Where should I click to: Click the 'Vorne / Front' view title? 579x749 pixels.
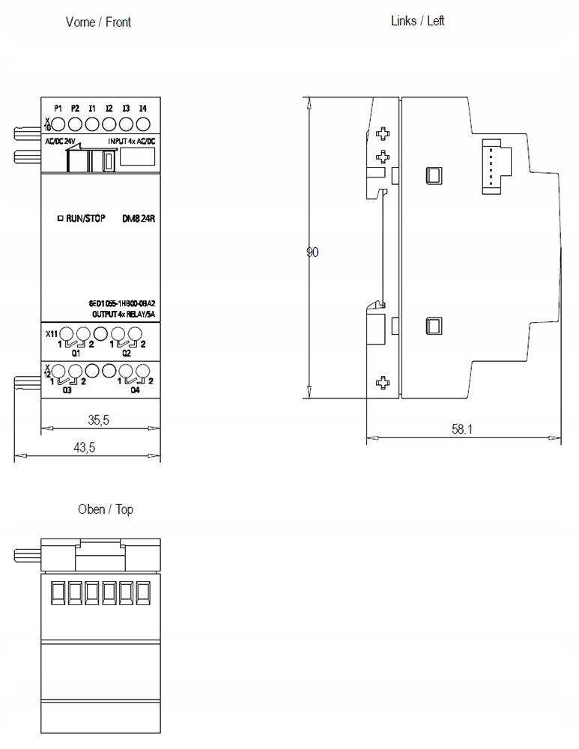tap(98, 22)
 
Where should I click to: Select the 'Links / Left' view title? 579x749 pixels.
tap(418, 20)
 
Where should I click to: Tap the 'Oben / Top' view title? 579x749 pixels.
tap(106, 509)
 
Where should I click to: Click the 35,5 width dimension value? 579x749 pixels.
tap(98, 420)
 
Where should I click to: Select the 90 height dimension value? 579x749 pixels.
tap(312, 252)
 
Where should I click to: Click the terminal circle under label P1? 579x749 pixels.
tap(58, 124)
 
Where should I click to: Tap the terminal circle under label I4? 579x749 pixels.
tap(142, 124)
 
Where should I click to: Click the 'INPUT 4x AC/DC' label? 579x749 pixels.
tap(132, 141)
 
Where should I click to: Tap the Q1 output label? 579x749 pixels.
tap(76, 353)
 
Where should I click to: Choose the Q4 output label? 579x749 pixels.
tap(135, 389)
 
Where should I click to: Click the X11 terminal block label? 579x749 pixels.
tap(50, 334)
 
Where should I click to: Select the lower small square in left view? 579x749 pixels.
tap(432, 325)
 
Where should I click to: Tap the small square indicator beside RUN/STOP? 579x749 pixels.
tap(60, 219)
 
